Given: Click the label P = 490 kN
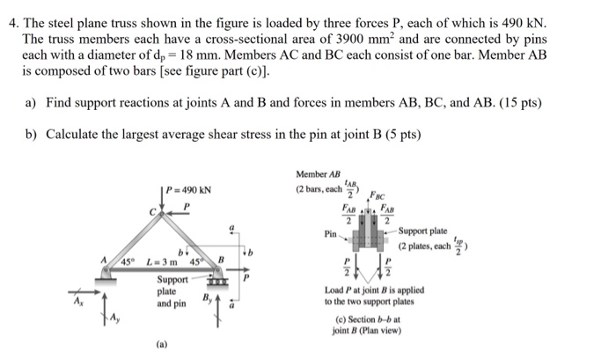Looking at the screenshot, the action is tap(189, 190).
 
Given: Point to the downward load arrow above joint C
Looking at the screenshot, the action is tap(165, 198).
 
